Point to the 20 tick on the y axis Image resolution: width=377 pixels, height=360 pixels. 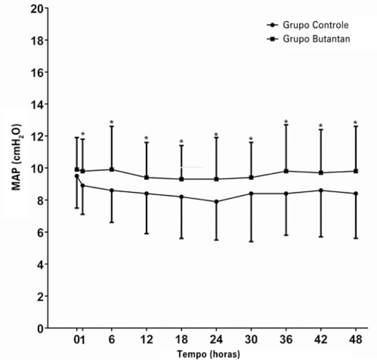point(34,8)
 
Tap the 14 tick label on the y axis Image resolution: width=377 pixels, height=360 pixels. point(34,104)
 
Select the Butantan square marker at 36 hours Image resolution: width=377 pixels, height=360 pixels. point(286,171)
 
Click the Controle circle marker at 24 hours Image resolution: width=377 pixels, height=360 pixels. point(216,201)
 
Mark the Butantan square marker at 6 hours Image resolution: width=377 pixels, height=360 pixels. point(112,169)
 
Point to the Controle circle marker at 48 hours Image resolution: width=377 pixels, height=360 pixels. point(355,194)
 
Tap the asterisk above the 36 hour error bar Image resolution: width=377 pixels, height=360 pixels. point(286,122)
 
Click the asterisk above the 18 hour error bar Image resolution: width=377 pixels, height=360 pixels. point(181,142)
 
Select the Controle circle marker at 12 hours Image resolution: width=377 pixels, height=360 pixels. point(146,194)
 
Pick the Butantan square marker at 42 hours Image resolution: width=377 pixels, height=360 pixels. point(321,172)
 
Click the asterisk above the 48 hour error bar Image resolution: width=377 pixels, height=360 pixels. point(355,123)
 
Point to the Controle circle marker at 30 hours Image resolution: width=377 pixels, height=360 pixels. point(251,194)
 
